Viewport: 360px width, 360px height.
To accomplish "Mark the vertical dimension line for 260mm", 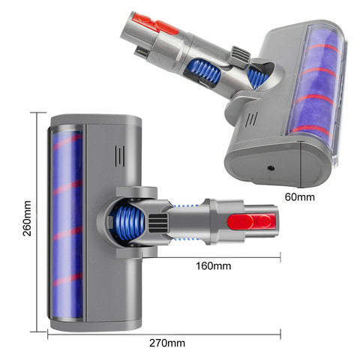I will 35,222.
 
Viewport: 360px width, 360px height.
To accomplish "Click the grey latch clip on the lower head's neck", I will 159,223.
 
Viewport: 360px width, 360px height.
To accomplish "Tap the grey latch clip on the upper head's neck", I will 239,54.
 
